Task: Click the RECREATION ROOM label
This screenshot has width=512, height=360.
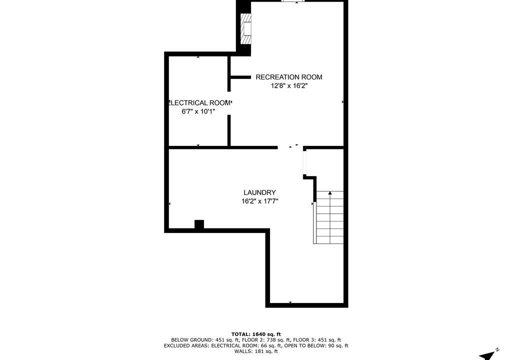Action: coord(288,77)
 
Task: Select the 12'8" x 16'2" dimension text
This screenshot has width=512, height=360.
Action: coord(289,86)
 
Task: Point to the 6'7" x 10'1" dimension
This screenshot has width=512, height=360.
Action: coord(198,111)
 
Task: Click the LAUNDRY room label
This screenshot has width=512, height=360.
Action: coord(259,192)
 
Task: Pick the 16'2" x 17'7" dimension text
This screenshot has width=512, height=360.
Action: coord(259,201)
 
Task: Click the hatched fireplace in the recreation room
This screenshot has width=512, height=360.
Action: coord(246,28)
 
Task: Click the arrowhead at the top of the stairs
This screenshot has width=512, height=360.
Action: coord(330,193)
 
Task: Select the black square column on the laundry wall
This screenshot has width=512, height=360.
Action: coord(199,224)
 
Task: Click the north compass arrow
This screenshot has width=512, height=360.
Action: coord(487,355)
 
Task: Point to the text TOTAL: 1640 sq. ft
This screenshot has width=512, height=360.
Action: coord(256,334)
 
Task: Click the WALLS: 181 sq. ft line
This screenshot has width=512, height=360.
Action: coord(256,351)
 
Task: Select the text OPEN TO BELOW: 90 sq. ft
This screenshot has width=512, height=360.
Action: coord(316,345)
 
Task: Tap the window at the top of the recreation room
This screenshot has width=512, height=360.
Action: coord(293,1)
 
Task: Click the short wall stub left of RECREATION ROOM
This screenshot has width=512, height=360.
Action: coord(240,77)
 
